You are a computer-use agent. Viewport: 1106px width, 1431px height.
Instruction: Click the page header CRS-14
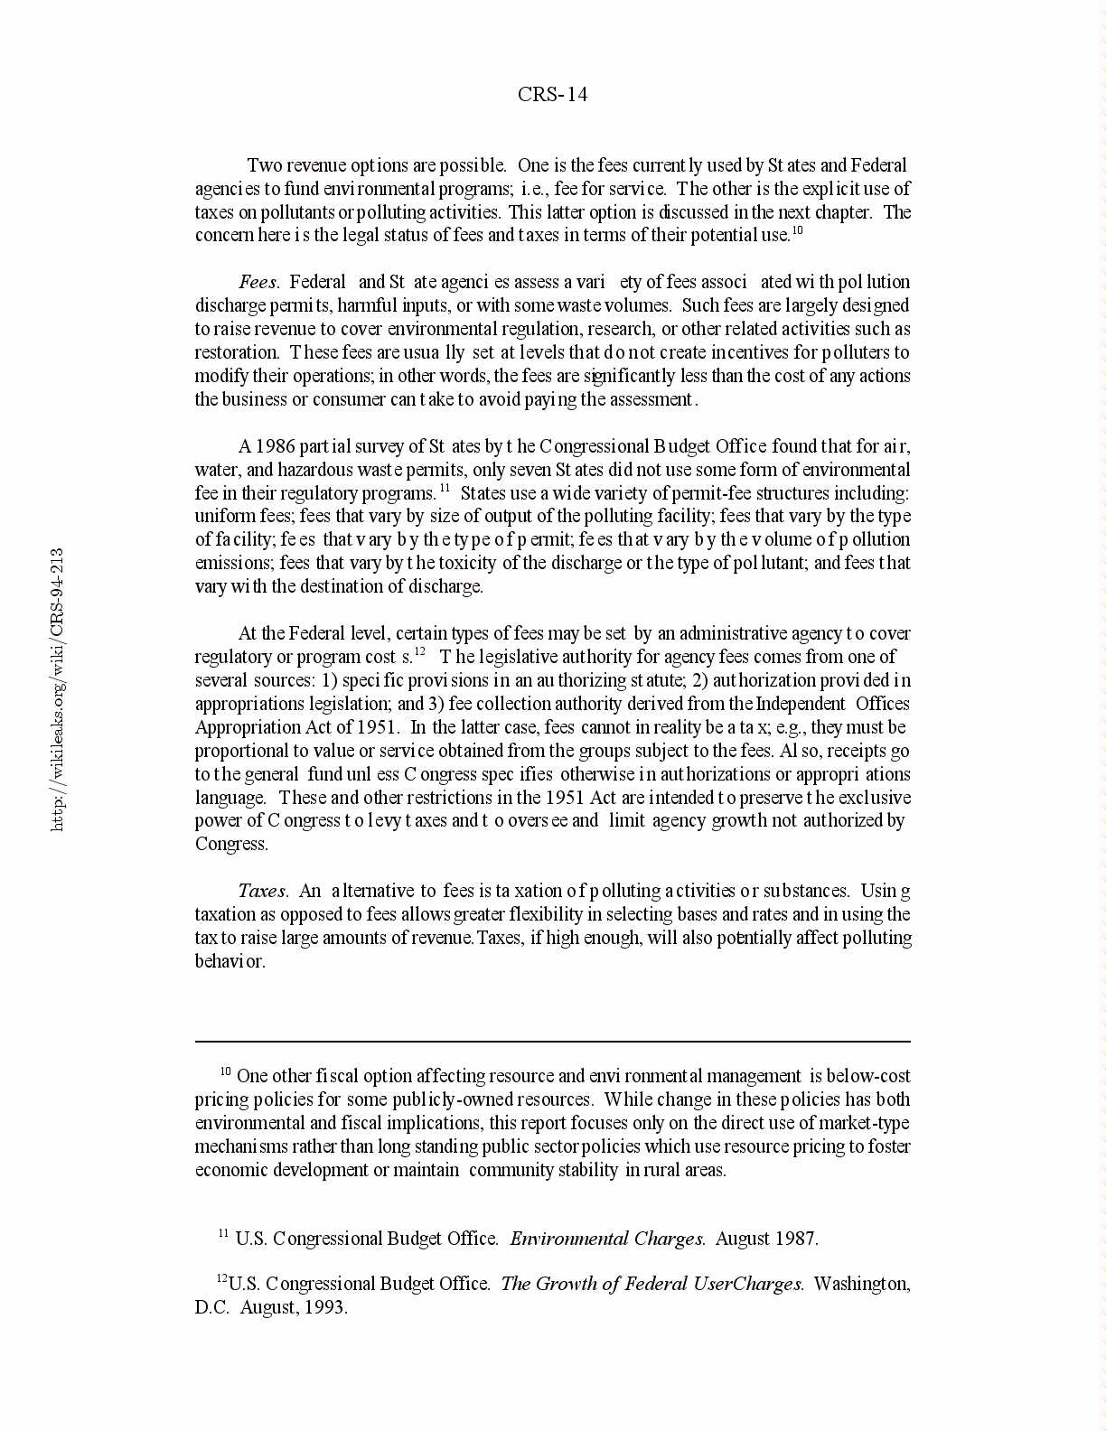552,95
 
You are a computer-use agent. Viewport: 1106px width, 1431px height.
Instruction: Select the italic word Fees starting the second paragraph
258,282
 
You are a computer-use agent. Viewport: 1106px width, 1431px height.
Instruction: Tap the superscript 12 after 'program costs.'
419,652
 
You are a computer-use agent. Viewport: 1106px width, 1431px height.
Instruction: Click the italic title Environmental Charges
607,1239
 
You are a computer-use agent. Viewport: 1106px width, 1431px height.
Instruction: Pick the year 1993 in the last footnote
325,1307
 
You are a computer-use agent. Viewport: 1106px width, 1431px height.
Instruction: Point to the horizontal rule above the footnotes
552,1042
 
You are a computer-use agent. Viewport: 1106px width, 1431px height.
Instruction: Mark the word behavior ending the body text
230,961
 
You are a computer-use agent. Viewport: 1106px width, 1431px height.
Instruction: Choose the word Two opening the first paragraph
264,165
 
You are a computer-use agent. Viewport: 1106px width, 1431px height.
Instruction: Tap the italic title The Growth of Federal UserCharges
651,1284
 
